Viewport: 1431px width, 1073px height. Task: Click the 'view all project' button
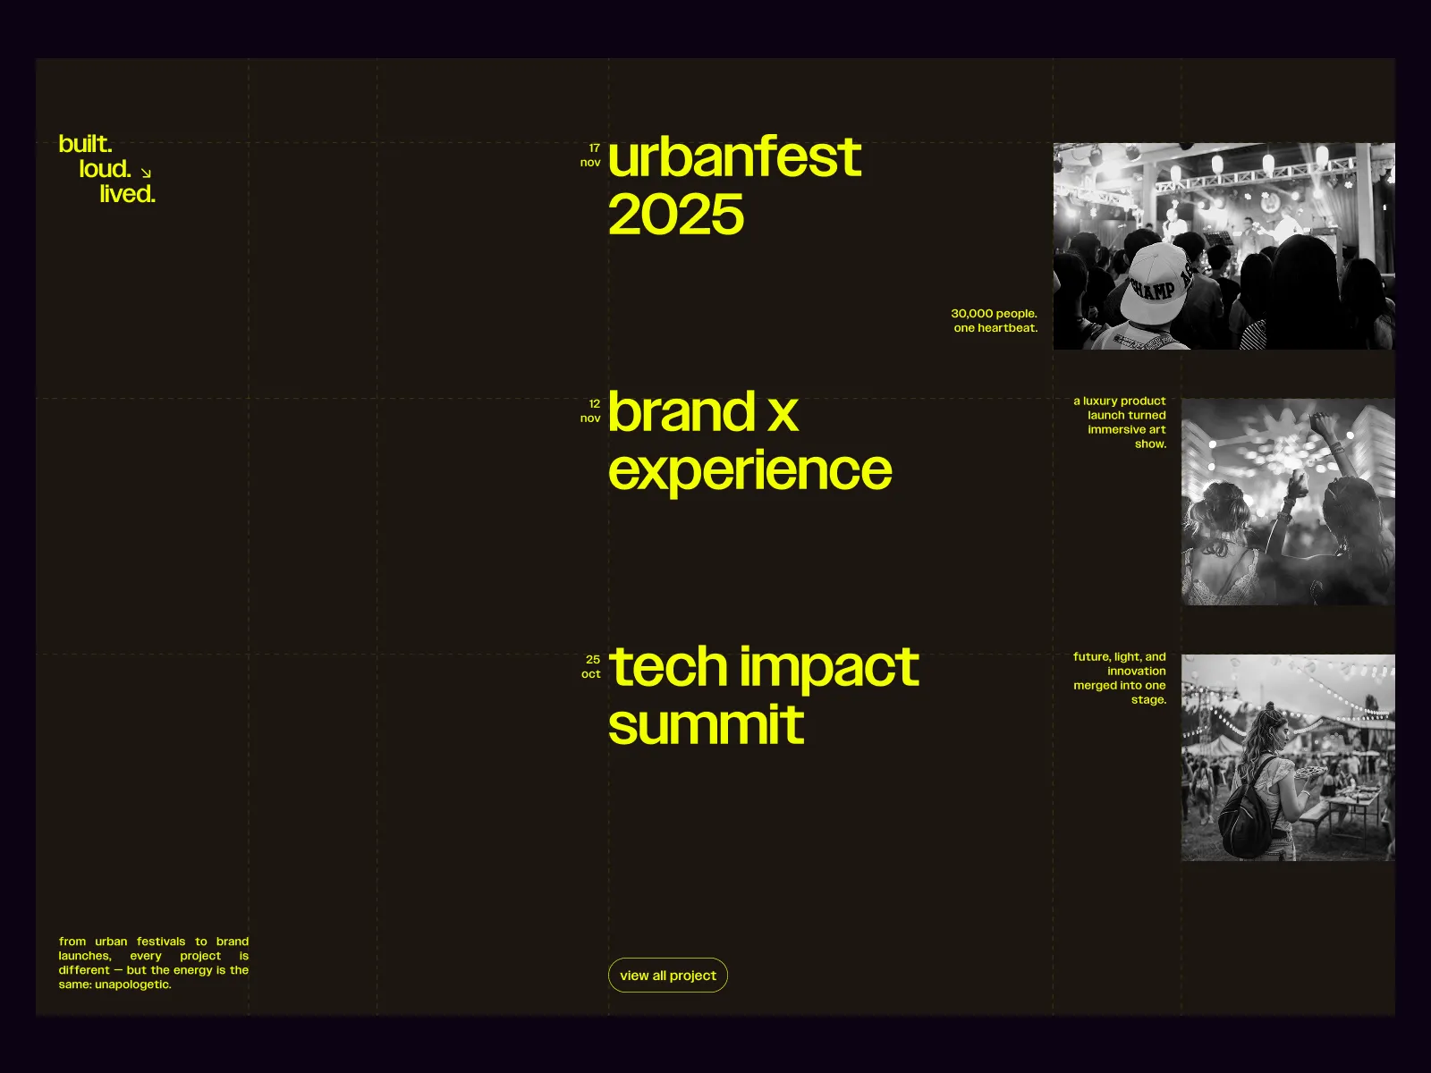(667, 976)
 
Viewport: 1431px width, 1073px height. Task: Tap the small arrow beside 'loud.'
(146, 173)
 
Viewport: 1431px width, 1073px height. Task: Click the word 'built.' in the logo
(85, 144)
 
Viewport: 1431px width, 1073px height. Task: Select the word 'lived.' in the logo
(127, 194)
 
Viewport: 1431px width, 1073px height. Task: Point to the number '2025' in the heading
(676, 215)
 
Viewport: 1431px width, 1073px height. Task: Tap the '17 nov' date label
(590, 155)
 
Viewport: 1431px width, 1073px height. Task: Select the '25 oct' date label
(591, 666)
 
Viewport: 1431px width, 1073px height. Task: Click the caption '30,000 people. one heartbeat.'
(995, 320)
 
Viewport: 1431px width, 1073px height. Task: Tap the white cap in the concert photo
(1160, 283)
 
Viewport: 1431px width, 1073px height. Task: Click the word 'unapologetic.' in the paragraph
(133, 984)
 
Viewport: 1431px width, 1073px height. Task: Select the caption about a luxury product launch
(1120, 422)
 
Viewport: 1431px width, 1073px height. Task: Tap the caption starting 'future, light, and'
(1120, 678)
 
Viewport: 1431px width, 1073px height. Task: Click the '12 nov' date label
(590, 411)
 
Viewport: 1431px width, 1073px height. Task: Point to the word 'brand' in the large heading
(682, 411)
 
